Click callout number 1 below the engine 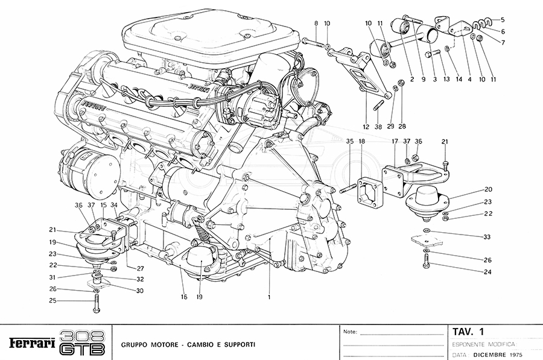269,297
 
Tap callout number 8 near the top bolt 316,24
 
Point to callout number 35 349,141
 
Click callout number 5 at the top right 503,19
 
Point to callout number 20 489,189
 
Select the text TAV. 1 469,332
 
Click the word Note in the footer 349,332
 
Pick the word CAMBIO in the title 198,344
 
